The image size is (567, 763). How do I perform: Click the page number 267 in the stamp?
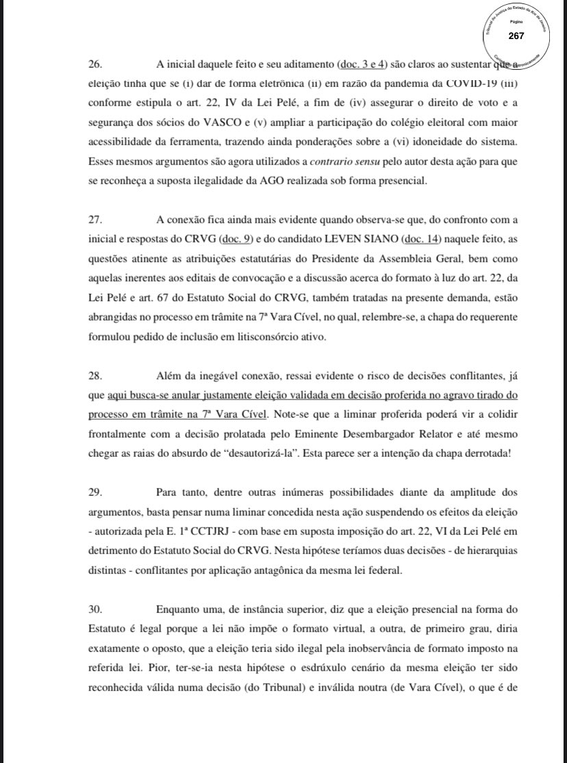[x=515, y=36]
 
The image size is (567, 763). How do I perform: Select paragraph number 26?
[x=96, y=65]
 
